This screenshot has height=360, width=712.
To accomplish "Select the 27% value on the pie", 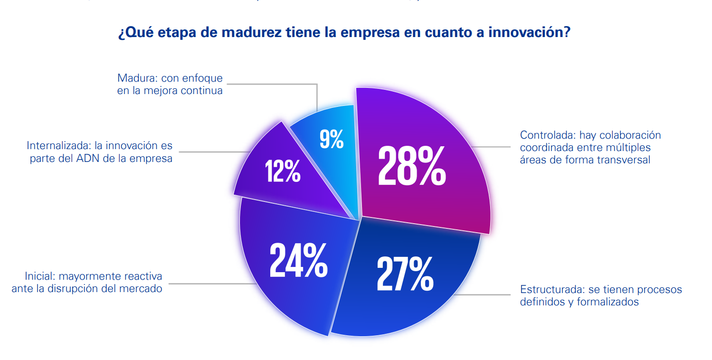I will click(x=405, y=274).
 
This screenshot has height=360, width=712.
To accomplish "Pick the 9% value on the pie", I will click(x=332, y=139).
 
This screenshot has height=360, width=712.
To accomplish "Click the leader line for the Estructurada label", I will click(x=484, y=295).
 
